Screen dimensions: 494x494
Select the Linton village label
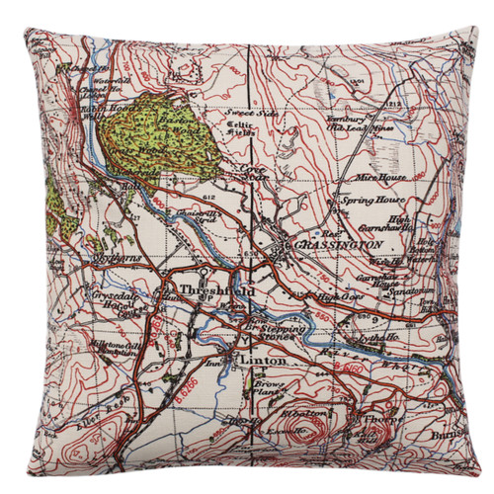(259, 363)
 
